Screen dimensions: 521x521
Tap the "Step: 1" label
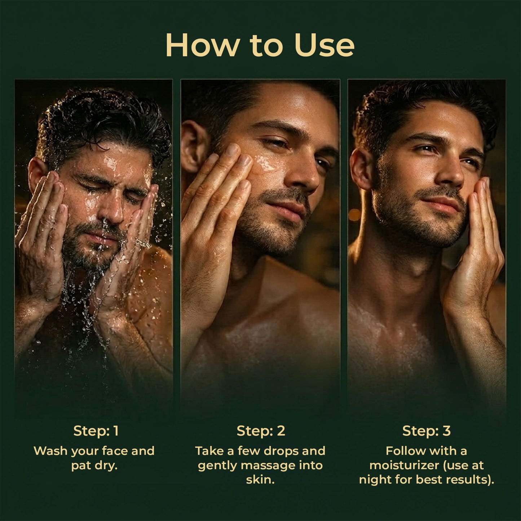tap(96, 431)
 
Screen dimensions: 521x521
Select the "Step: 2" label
tap(261, 431)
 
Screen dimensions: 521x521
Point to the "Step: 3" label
tap(426, 431)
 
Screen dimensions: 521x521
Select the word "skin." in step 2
tap(260, 480)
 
